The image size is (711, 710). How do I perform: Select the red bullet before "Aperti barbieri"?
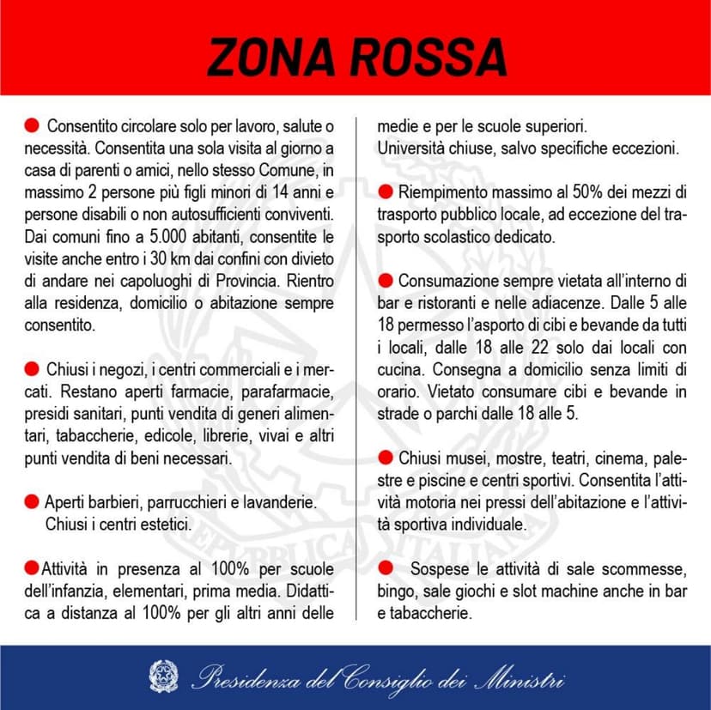tap(32, 501)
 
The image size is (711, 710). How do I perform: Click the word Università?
tap(415, 148)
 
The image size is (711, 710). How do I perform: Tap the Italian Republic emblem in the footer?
tap(162, 676)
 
